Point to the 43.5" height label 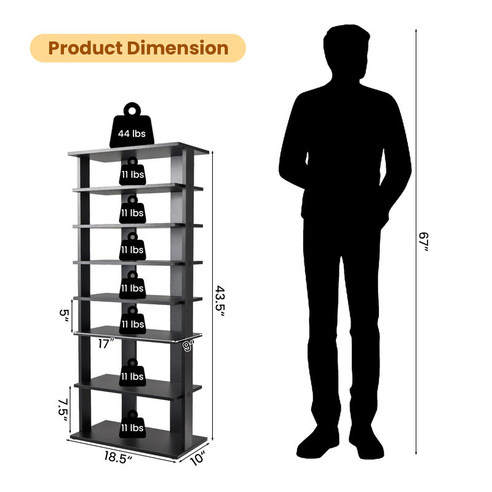[x=220, y=301]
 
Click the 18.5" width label [x=116, y=458]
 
